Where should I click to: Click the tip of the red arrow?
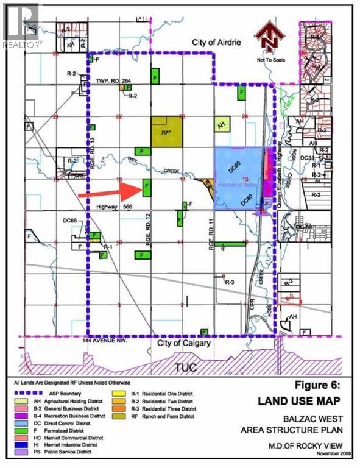[x=141, y=189]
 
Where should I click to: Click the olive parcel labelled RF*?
[x=166, y=132]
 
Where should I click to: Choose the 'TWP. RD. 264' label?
[x=114, y=80]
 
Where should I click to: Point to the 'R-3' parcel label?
[x=230, y=282]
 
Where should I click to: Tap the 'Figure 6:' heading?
[x=310, y=386]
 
